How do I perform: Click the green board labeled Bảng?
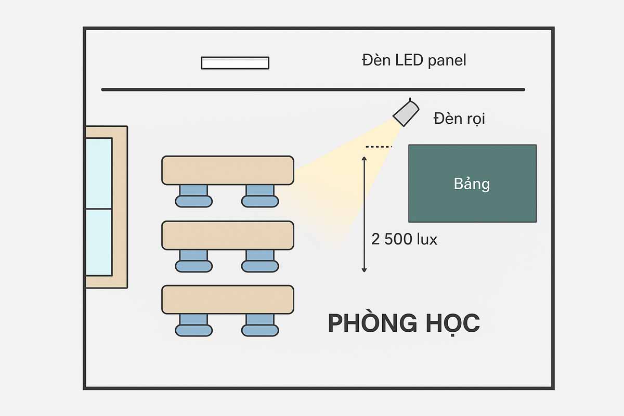472,183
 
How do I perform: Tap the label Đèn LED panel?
414,60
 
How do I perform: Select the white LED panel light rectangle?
235,62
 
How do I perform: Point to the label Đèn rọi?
459,119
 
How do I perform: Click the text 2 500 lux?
404,239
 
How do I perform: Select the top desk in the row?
228,170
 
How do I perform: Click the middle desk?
228,235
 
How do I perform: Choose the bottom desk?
228,300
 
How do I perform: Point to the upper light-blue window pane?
98,173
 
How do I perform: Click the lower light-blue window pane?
98,242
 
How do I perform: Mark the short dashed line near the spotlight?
379,147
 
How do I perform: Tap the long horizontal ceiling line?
312,89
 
